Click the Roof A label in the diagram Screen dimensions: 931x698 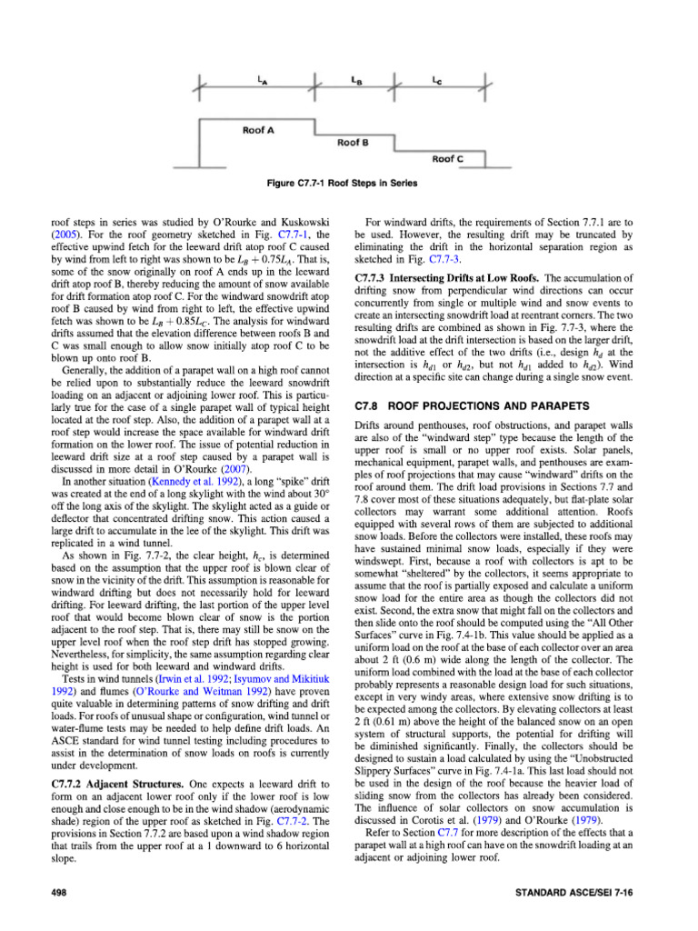tap(259, 130)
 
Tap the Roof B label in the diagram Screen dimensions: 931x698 tap(352, 143)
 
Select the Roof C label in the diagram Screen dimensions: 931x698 tap(447, 158)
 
